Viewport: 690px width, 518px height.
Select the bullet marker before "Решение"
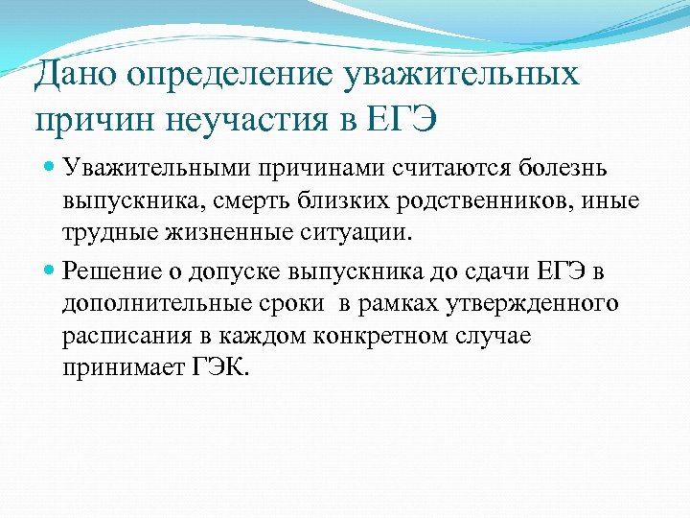coord(50,271)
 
